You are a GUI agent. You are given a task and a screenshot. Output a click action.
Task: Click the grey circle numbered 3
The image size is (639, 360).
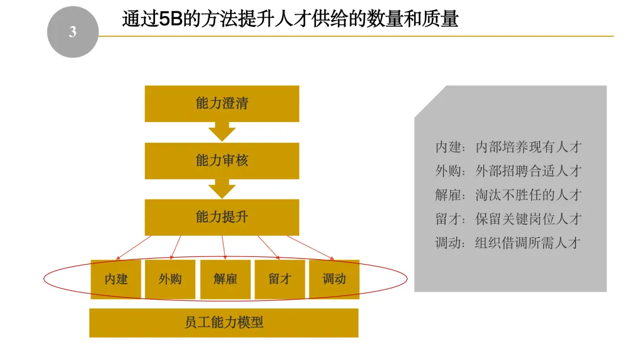[72, 32]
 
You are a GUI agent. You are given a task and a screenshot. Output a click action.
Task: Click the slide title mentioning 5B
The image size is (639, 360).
[290, 19]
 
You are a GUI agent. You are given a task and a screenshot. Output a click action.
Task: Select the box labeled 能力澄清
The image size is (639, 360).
[222, 104]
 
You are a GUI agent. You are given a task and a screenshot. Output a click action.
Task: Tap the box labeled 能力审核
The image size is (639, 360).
[222, 160]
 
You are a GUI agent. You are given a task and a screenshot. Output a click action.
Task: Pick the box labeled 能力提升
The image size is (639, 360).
[222, 217]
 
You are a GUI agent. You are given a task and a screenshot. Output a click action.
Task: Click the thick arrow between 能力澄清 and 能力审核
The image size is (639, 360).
[222, 131]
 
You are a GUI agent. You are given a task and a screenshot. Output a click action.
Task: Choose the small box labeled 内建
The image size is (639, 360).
[116, 279]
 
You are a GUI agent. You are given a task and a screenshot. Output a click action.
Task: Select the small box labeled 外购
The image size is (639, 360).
[170, 279]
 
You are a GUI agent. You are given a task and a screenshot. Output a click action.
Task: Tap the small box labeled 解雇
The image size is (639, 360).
[225, 279]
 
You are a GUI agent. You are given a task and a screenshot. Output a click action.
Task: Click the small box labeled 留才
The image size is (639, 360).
[280, 279]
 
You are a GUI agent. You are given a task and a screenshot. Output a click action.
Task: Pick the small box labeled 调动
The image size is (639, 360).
[334, 279]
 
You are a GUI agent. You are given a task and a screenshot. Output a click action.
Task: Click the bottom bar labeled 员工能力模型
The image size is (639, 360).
[224, 323]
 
